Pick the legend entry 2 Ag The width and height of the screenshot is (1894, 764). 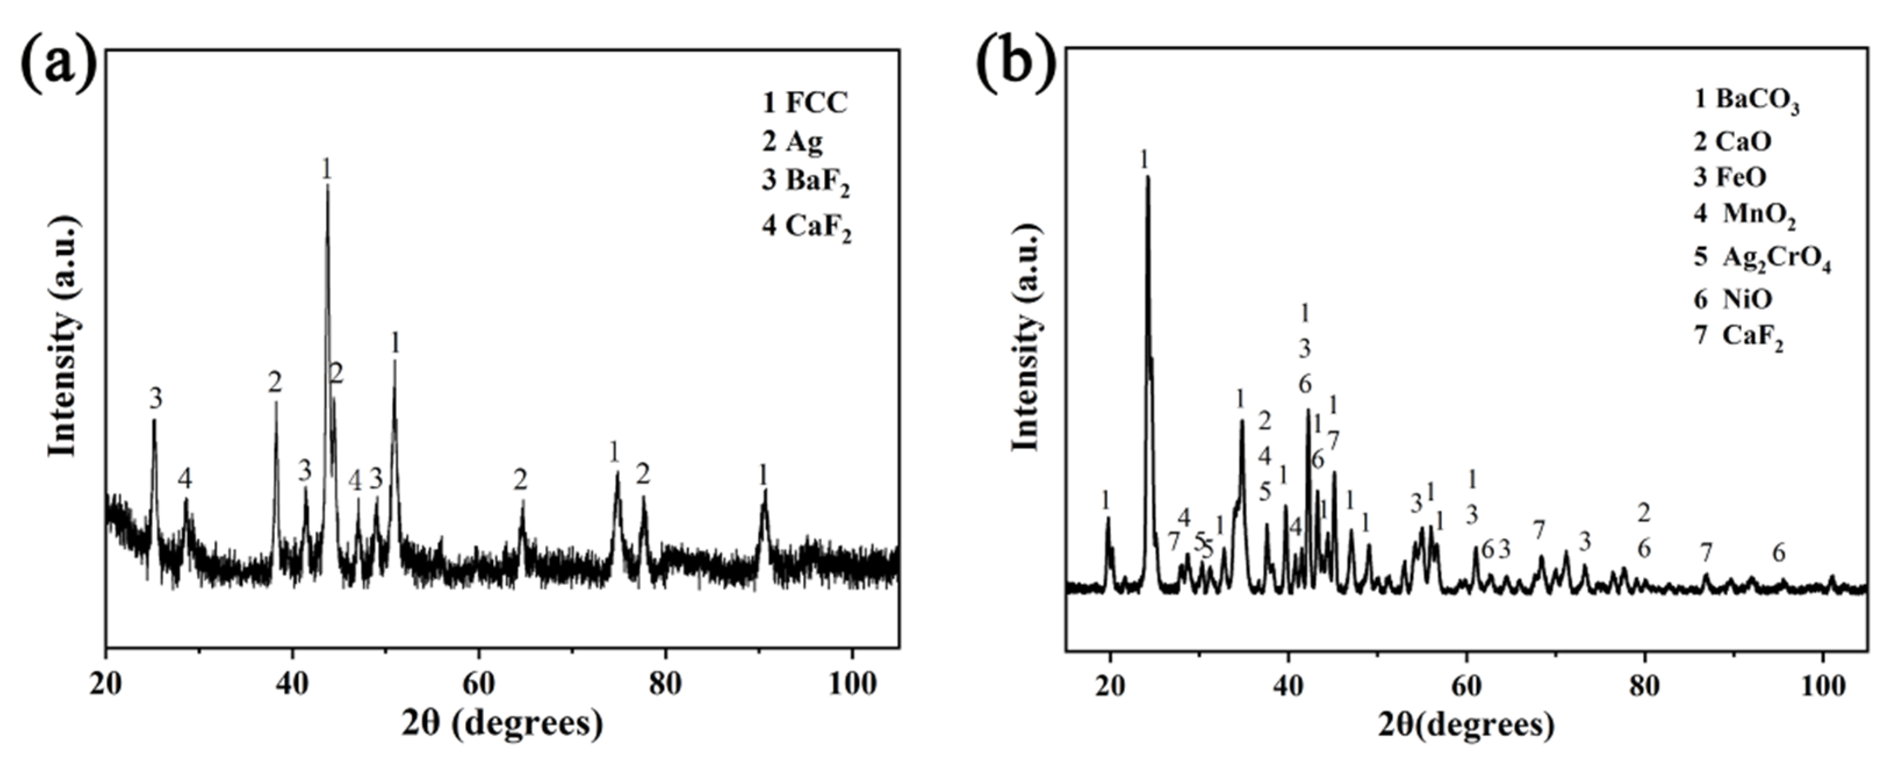point(792,141)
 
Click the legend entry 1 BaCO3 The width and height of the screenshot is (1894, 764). point(1745,101)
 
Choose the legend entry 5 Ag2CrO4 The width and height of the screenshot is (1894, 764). point(1762,259)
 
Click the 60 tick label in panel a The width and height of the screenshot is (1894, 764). point(480,683)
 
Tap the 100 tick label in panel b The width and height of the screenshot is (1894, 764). point(1822,685)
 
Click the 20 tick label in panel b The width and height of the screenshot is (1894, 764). point(1110,685)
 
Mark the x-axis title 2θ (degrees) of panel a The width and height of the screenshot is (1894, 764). point(502,723)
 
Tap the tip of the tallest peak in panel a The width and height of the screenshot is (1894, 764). point(327,186)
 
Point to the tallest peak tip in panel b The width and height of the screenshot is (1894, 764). point(1147,177)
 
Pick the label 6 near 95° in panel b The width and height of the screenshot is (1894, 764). point(1778,552)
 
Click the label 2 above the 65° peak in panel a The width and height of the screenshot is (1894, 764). point(521,480)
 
